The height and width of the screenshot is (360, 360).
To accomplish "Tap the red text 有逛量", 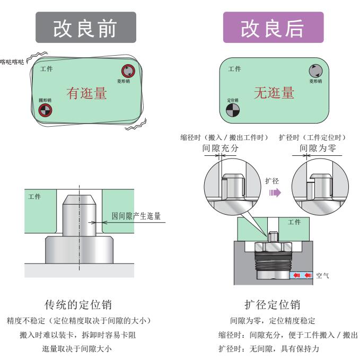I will [86, 93].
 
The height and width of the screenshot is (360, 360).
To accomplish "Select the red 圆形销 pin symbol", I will [45, 110].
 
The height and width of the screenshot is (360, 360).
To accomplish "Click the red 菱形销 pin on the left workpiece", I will [128, 71].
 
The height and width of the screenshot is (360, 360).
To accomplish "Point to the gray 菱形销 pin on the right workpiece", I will [315, 70].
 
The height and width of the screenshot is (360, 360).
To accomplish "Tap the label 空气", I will [323, 276].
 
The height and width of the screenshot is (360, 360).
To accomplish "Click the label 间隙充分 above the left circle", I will [221, 148].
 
